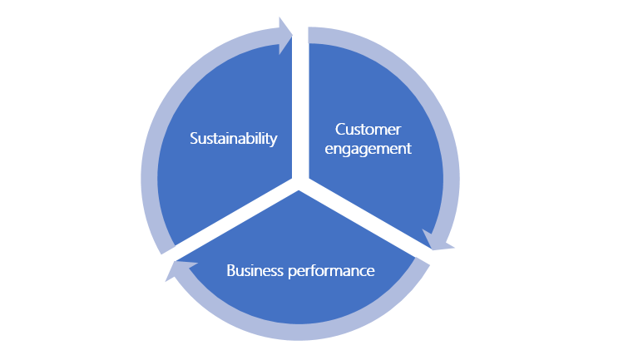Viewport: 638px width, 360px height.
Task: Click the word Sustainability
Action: coord(233,138)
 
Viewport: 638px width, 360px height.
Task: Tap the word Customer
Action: coord(368,130)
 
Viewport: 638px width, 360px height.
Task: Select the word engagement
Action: coord(368,150)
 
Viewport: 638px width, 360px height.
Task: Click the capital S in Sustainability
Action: coord(194,138)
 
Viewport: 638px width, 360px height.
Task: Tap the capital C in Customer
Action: coord(339,130)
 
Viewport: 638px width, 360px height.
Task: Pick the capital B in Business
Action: coord(230,271)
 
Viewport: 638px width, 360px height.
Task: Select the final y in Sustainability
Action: coord(274,141)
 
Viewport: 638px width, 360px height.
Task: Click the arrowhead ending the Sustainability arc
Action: coord(285,33)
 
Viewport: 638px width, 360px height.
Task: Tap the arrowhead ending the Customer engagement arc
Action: coord(438,240)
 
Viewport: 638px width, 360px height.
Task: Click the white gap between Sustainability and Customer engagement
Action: coord(300,100)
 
